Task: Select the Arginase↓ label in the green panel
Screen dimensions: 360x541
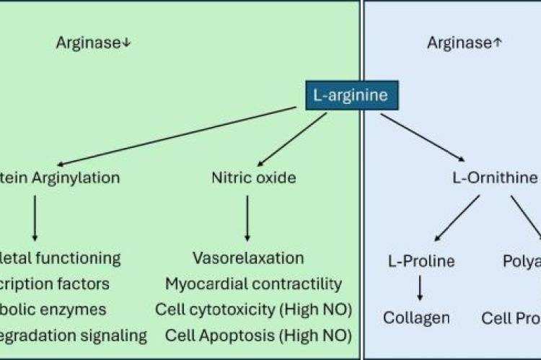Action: coord(94,43)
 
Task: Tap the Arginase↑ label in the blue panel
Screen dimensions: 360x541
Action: coord(464,43)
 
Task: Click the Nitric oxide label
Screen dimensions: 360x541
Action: coord(253,177)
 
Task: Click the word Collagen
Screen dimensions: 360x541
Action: coord(416,317)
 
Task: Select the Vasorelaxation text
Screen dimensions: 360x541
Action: coord(248,258)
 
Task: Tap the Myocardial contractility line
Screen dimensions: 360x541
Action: coord(253,284)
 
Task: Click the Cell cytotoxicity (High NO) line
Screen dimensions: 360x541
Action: coord(253,309)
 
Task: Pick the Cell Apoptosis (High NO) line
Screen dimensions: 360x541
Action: coord(258,335)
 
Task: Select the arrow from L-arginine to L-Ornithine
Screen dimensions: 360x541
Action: coord(422,136)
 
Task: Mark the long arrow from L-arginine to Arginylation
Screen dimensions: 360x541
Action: coord(180,136)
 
